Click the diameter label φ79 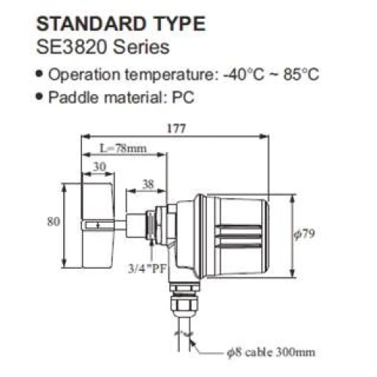point(302,235)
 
